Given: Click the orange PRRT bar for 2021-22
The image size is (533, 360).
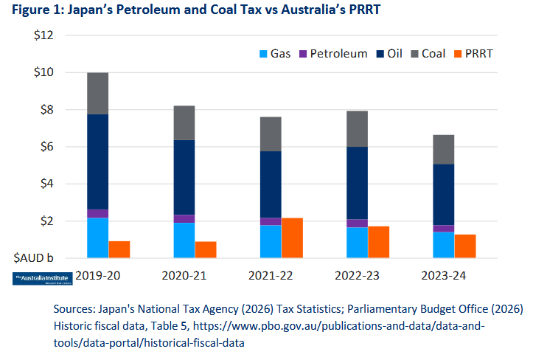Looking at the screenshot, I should point(292,238).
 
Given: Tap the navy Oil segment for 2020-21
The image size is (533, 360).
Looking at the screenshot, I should point(184,177).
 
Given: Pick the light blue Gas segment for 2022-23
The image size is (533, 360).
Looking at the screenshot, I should point(357,243).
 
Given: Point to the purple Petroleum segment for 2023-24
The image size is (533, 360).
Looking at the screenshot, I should point(443,229).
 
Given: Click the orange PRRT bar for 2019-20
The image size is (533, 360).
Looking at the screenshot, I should point(119,249).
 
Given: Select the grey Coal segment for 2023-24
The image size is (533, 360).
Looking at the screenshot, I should point(443,150).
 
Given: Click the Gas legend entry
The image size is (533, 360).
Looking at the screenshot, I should point(272,54).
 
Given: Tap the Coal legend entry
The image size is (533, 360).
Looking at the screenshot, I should point(426,54).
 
